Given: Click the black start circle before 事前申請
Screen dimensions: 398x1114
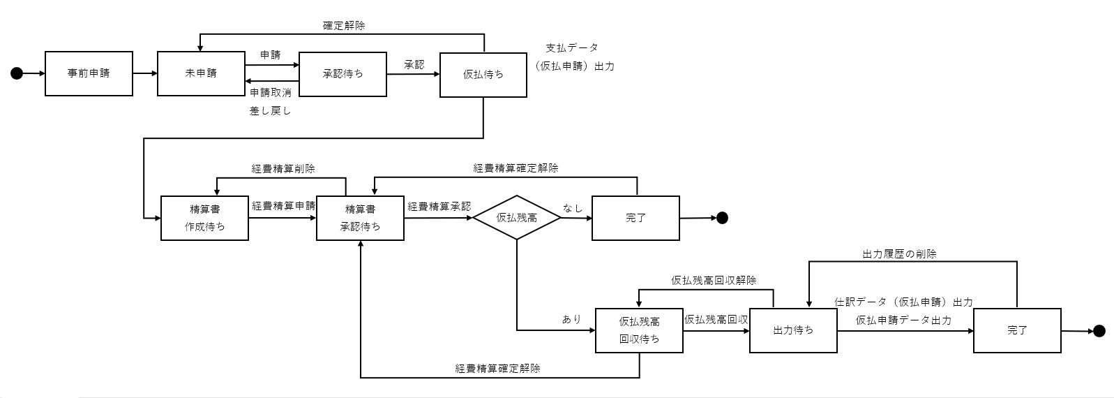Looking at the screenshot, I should point(17,73).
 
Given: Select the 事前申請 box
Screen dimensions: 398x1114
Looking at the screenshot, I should point(89,73).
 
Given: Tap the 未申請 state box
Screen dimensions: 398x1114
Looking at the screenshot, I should point(201,73).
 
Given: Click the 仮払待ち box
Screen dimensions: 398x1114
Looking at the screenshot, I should point(483,74).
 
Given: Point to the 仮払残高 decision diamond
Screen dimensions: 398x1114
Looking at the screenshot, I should point(516,218).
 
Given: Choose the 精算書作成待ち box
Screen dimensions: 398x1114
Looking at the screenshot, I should point(204,218).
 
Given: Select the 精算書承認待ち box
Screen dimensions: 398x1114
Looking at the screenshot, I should point(360,218).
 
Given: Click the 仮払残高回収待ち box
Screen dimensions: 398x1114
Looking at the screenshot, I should point(639,330).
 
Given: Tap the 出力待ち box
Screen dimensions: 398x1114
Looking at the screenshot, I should point(793,330).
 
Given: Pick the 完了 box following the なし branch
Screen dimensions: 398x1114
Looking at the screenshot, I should point(635,218).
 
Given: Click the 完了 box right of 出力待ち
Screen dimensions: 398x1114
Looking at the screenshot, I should point(1017,330).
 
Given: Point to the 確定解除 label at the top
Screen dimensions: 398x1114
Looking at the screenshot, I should point(343,25).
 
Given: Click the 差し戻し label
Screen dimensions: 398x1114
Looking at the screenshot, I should point(270,111).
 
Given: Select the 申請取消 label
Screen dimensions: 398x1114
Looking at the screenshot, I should point(271,92).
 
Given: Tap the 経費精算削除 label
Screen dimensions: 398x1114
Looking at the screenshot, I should point(283,168).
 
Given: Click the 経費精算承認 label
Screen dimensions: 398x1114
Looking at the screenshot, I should point(439,207).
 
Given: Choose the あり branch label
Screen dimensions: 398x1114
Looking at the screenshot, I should point(571,319).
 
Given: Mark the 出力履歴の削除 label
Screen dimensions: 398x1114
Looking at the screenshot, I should point(899,254).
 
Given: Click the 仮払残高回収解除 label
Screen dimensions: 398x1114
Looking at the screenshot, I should point(714,280).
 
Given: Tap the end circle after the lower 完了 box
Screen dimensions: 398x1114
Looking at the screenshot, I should point(1099,331).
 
